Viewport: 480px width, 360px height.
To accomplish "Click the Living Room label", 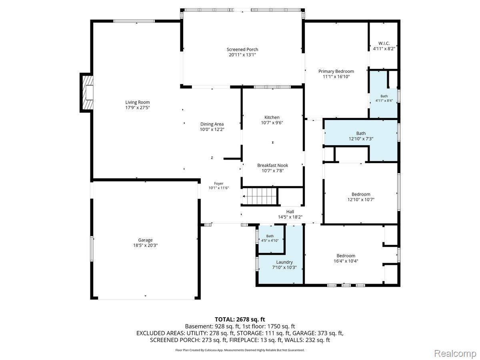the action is pyautogui.click(x=137, y=102).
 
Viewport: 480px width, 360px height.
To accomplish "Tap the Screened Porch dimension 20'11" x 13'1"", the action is pyautogui.click(x=242, y=55).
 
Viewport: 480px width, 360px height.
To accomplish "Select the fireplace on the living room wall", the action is pyautogui.click(x=86, y=93).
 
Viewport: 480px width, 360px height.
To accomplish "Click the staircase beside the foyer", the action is pyautogui.click(x=260, y=196).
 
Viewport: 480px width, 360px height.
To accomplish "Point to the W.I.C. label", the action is pyautogui.click(x=384, y=43).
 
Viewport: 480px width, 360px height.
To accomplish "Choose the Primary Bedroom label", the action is pyautogui.click(x=336, y=71).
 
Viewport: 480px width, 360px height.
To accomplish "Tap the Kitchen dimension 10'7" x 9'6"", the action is pyautogui.click(x=272, y=123).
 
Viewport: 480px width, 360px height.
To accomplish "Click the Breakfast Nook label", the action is pyautogui.click(x=272, y=165).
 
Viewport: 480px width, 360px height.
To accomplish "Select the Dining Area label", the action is pyautogui.click(x=212, y=124).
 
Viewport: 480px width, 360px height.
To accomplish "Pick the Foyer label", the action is pyautogui.click(x=218, y=183).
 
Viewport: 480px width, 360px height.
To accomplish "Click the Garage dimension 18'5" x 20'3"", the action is pyautogui.click(x=145, y=245).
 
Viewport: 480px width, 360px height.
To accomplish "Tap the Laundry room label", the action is pyautogui.click(x=284, y=262).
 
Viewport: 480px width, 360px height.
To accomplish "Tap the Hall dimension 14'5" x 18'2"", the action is pyautogui.click(x=290, y=217).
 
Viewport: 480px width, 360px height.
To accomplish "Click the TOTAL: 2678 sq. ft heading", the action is pyautogui.click(x=240, y=319).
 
